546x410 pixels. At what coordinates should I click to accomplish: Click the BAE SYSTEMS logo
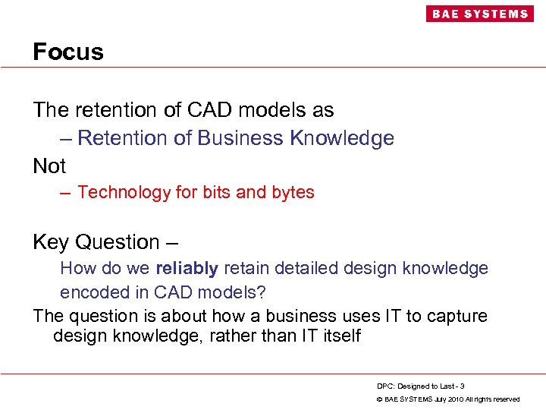[x=479, y=14]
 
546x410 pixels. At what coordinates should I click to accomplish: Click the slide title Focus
[x=68, y=52]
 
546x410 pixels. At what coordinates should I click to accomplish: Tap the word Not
[x=49, y=166]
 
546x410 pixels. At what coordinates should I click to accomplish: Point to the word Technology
[x=124, y=193]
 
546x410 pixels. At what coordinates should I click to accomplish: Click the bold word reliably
[x=187, y=268]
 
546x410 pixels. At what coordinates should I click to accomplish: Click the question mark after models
[x=262, y=292]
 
